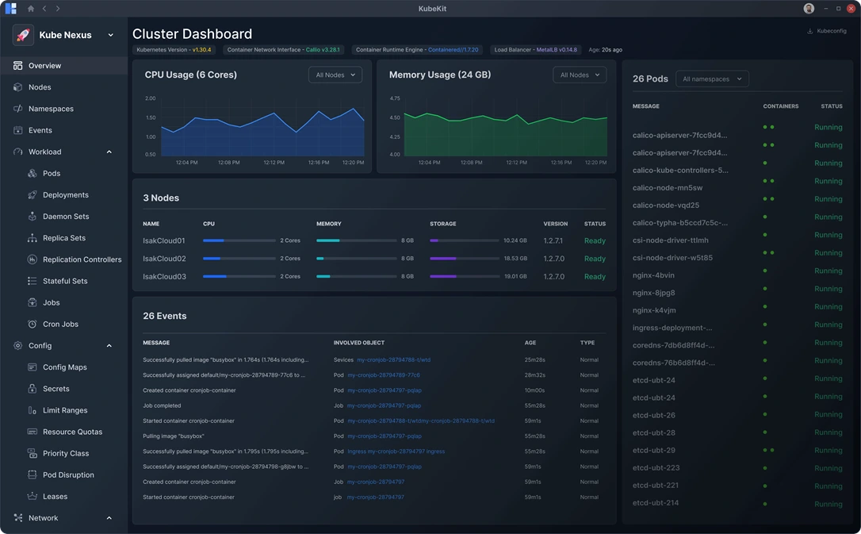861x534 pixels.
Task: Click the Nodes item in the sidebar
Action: (x=39, y=87)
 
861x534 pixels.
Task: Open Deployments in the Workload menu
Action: (x=65, y=195)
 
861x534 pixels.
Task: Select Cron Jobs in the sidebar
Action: (x=60, y=325)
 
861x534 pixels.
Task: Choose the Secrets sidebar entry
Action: (x=55, y=389)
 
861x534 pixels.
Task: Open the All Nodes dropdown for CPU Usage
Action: (x=335, y=75)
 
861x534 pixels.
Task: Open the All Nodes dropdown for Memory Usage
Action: (x=579, y=75)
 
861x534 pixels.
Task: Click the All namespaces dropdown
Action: (x=712, y=79)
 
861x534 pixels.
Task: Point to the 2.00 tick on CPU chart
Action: (x=151, y=98)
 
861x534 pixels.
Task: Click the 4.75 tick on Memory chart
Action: (x=395, y=98)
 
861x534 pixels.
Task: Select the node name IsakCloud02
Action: (x=164, y=259)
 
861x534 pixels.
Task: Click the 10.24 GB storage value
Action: (x=515, y=240)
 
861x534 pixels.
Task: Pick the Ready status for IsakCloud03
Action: (x=595, y=277)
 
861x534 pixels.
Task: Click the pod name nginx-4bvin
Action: (x=653, y=275)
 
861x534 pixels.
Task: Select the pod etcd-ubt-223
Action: (x=656, y=468)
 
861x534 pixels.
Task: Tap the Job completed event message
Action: (x=162, y=405)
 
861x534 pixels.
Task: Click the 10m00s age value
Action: (x=534, y=390)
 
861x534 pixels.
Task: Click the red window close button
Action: (x=851, y=9)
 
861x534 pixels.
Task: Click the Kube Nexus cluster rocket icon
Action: (x=23, y=35)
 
